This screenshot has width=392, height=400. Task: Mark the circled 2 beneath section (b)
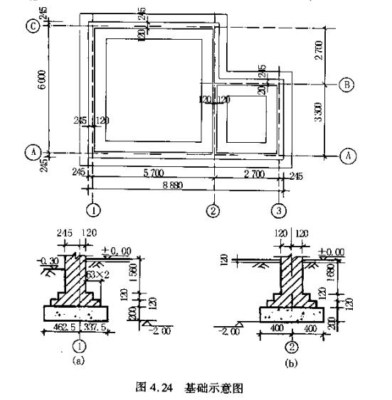(291, 346)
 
